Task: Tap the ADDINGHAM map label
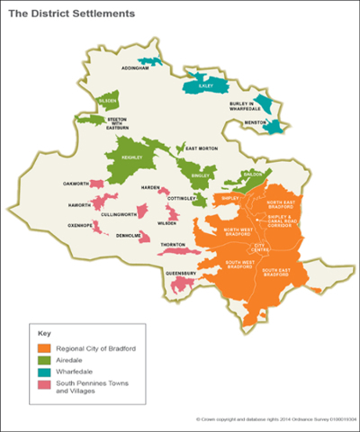coord(134,68)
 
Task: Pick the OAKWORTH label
coord(75,184)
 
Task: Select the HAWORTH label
coord(79,205)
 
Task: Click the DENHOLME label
coord(128,235)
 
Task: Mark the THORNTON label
coord(173,244)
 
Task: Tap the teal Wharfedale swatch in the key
coord(44,374)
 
